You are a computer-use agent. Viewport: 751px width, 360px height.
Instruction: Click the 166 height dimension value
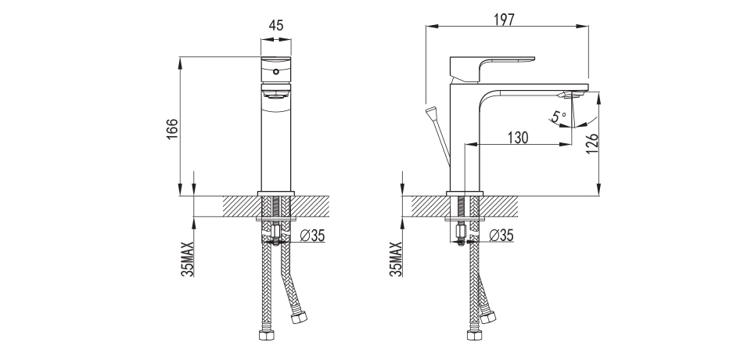173,131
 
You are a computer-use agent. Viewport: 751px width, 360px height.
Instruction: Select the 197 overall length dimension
505,20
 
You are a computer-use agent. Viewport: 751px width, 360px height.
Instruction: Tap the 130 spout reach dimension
517,138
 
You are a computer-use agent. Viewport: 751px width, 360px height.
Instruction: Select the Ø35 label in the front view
312,235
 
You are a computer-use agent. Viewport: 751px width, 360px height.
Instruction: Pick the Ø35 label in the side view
501,235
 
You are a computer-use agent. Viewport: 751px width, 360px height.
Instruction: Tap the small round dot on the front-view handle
275,71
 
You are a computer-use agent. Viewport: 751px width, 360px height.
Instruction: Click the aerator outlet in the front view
275,96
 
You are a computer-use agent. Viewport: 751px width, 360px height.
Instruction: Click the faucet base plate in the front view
275,193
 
